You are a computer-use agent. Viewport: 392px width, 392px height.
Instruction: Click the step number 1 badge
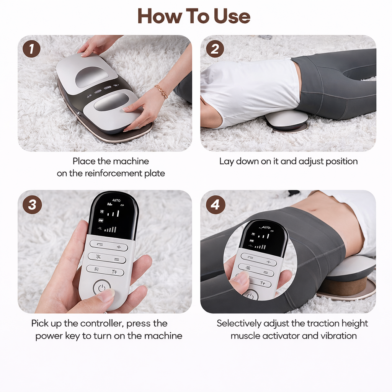[x=31, y=49]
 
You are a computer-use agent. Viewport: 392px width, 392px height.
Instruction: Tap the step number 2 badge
[x=215, y=49]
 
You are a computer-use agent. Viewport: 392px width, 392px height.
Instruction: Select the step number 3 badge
[x=31, y=205]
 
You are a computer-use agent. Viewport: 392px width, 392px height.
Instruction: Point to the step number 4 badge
[x=215, y=205]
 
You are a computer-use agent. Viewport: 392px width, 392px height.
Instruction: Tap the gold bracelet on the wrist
[x=161, y=91]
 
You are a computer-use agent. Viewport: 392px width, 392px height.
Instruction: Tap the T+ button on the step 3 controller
[x=114, y=271]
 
